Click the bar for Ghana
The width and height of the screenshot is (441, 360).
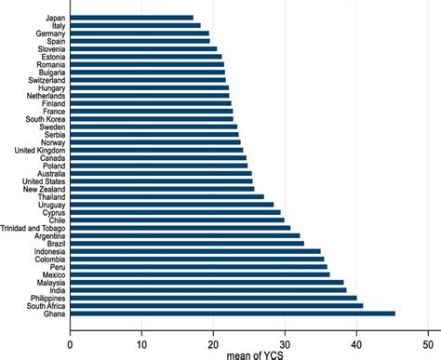coord(233,313)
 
